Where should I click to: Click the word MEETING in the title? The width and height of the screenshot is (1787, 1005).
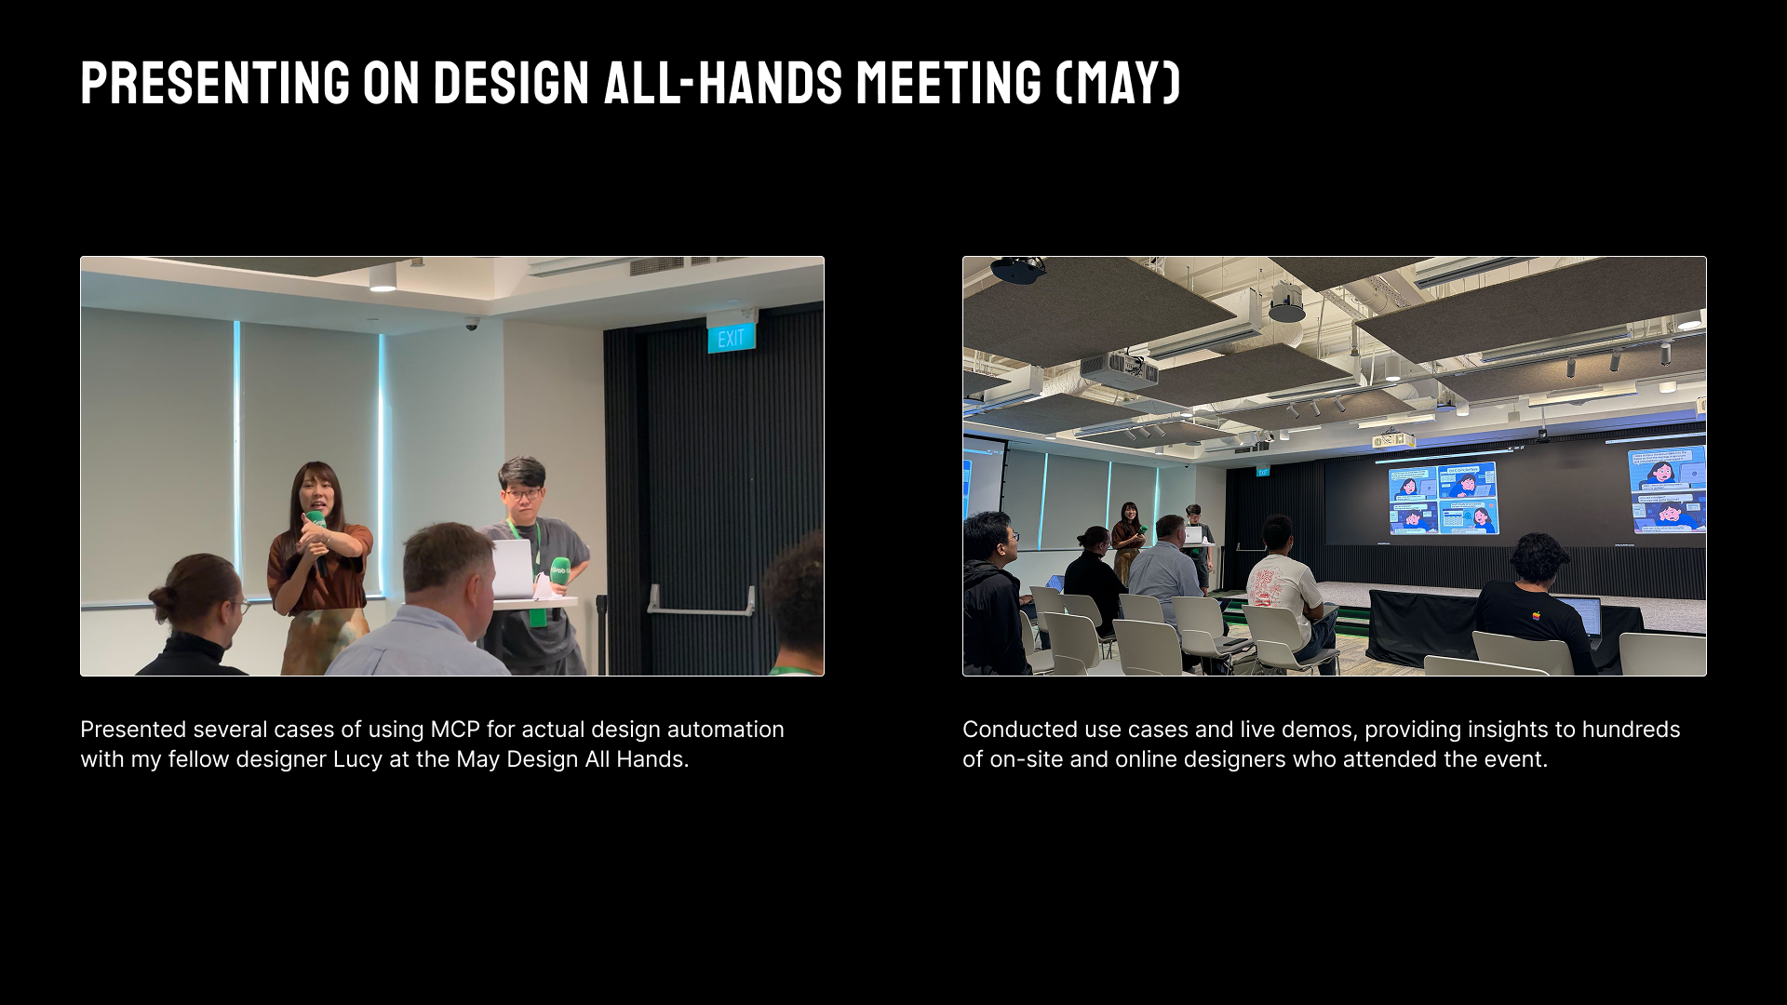tap(948, 82)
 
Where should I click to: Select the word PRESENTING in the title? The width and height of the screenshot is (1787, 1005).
tap(215, 82)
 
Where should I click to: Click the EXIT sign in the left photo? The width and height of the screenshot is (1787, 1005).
tap(731, 337)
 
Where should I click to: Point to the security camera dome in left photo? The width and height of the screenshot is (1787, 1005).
tap(472, 325)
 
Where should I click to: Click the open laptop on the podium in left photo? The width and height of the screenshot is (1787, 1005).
tap(509, 569)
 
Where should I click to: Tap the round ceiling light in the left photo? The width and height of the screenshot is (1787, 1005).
tap(383, 288)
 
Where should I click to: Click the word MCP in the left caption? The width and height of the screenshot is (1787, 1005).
tap(454, 730)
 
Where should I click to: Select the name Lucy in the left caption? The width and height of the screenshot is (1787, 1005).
tap(357, 760)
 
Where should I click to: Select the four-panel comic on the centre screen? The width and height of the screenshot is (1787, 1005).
tap(1442, 499)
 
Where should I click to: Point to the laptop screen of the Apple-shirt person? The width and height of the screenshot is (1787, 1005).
tap(1580, 617)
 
